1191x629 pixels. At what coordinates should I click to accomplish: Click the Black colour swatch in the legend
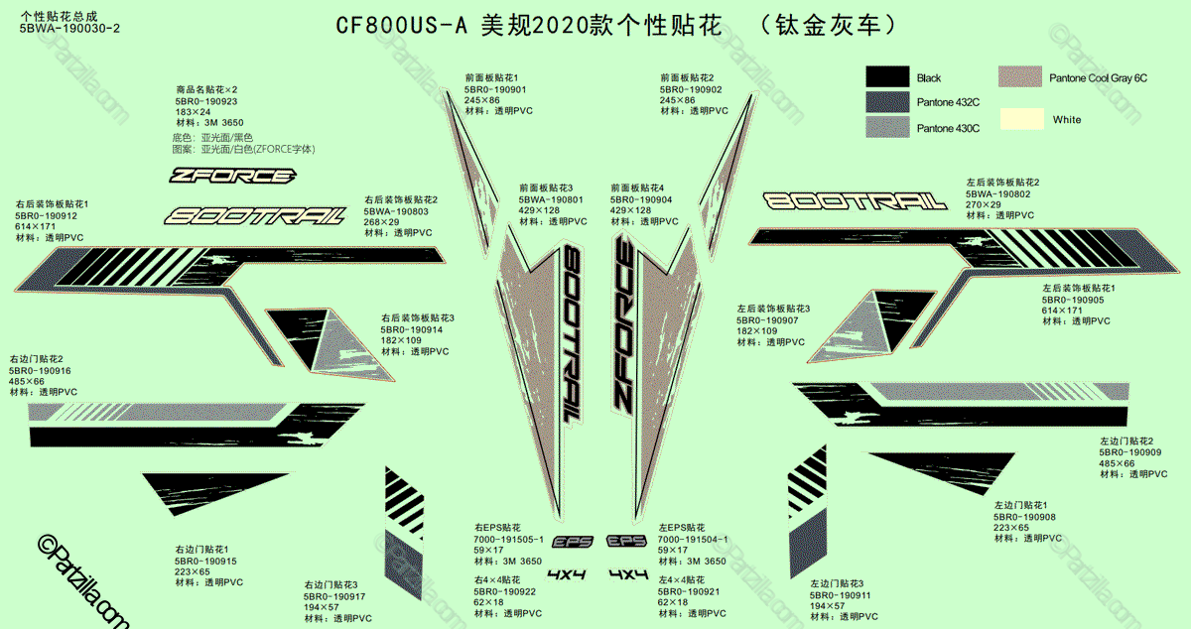pos(887,77)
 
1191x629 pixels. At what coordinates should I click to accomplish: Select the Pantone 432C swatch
pos(887,102)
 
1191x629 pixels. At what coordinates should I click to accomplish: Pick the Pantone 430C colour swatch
pos(887,127)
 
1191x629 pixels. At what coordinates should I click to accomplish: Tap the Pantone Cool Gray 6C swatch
pos(1019,77)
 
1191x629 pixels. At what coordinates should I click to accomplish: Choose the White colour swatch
pos(1019,119)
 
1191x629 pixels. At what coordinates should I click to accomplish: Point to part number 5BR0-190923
pos(206,101)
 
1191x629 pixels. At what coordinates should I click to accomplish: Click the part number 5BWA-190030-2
pos(69,29)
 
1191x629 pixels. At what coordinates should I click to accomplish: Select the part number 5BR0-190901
pos(495,89)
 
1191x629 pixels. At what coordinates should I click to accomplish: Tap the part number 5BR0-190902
pos(691,89)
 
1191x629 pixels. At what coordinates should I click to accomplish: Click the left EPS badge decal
pos(573,542)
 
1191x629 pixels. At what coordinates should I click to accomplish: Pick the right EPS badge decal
pos(627,542)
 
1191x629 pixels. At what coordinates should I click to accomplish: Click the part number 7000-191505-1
pos(508,539)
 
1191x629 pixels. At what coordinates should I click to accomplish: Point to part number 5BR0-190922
pos(504,591)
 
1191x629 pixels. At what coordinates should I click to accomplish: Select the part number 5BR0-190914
pos(412,329)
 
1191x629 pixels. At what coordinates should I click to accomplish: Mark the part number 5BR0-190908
pos(1024,516)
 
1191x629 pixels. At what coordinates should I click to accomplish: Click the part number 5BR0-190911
pos(840,594)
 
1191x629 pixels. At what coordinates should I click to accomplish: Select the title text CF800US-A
pos(400,27)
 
